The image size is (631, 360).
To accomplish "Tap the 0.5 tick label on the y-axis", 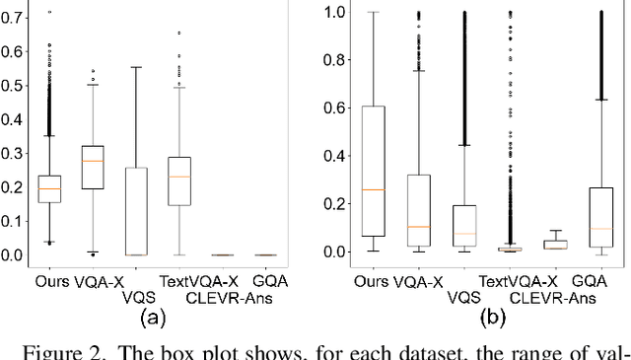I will point(12,85).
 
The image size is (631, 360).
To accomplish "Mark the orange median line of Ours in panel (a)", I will point(48,188).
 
